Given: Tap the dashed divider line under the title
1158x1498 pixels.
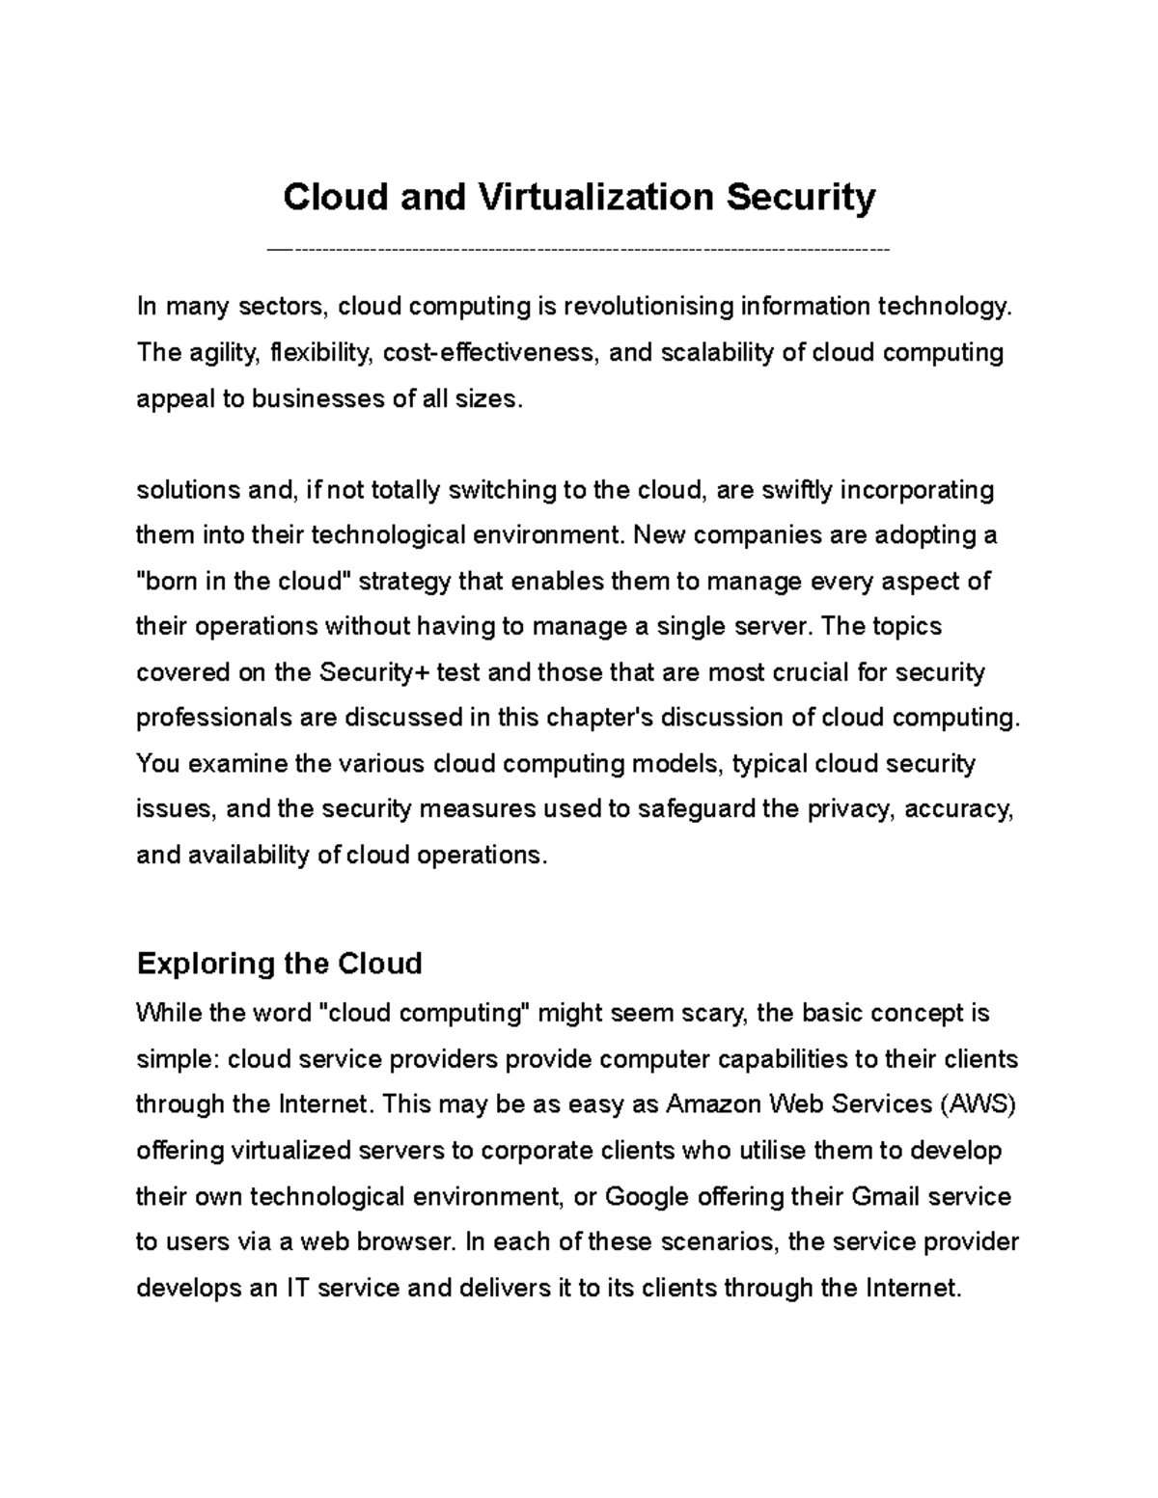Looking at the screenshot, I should [x=579, y=250].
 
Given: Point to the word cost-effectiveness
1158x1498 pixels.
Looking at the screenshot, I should [x=491, y=353].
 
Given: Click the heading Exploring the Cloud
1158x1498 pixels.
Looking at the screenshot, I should [x=280, y=963].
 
